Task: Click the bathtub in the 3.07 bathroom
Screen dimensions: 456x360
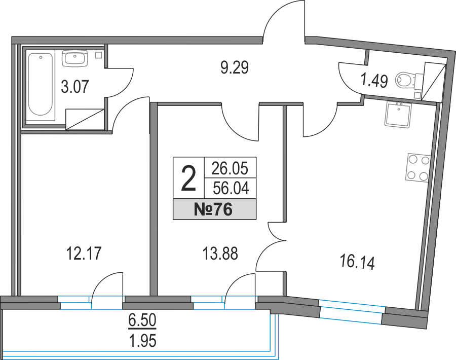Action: pyautogui.click(x=41, y=84)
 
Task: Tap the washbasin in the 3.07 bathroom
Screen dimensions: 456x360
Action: pyautogui.click(x=75, y=58)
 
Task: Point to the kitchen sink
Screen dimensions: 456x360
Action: pyautogui.click(x=398, y=115)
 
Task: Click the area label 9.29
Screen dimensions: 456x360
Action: pyautogui.click(x=235, y=68)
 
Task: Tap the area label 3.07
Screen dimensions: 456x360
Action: pyautogui.click(x=75, y=87)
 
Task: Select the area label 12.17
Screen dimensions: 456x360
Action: pyautogui.click(x=84, y=253)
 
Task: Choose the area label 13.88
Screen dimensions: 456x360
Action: pyautogui.click(x=220, y=253)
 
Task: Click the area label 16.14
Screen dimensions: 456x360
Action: pyautogui.click(x=357, y=262)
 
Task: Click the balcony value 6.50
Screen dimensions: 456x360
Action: pyautogui.click(x=142, y=320)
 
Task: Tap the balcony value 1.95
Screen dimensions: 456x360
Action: pyautogui.click(x=142, y=341)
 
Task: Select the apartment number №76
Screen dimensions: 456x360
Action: pyautogui.click(x=213, y=209)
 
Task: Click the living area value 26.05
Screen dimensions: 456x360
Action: pyautogui.click(x=230, y=168)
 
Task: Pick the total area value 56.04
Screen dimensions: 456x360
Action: pyautogui.click(x=231, y=188)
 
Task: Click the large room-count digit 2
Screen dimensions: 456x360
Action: pyautogui.click(x=188, y=178)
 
